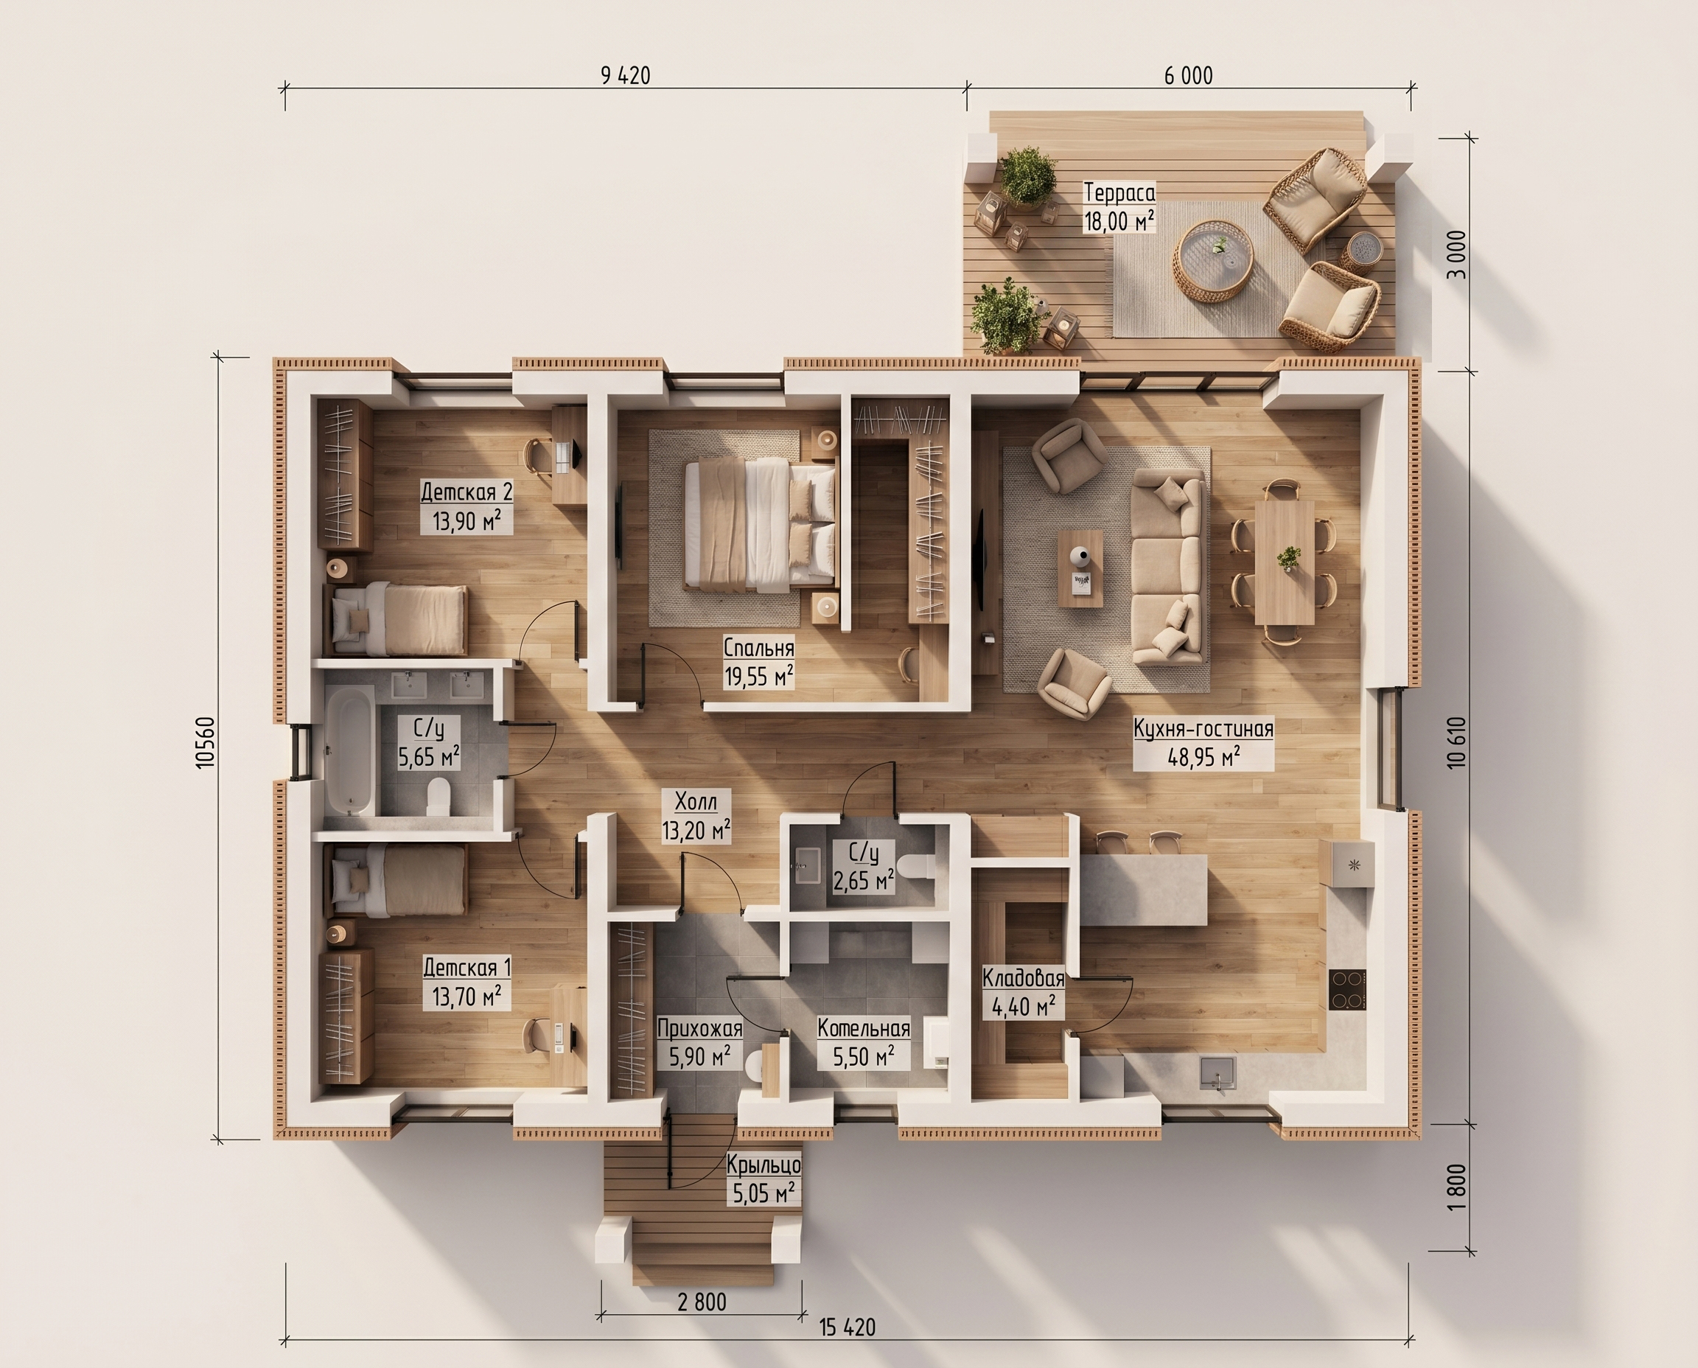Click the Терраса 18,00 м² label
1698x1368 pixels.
click(x=1119, y=207)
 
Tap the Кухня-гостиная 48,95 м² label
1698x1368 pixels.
click(x=1203, y=743)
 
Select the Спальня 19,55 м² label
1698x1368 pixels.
click(x=759, y=663)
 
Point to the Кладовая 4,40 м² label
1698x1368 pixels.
click(x=1024, y=992)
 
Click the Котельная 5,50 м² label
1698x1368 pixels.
click(x=864, y=1042)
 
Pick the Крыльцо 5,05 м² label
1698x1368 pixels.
click(x=764, y=1179)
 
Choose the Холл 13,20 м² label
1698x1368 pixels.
click(x=696, y=817)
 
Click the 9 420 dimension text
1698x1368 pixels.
click(x=626, y=76)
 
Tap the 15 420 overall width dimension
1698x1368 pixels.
click(x=847, y=1327)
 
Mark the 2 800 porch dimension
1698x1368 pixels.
click(x=702, y=1302)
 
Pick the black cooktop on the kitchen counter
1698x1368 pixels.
click(x=1347, y=989)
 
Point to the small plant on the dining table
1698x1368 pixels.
click(x=1289, y=557)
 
